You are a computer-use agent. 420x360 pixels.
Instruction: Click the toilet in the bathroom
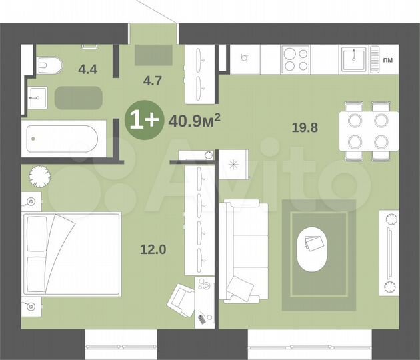pos(48,65)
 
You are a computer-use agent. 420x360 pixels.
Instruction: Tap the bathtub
pos(61,140)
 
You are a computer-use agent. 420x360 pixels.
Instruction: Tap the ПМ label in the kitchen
pos(388,61)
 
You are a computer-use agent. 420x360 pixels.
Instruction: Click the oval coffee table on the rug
pos(313,247)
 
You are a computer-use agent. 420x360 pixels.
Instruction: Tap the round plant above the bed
pos(40,176)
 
